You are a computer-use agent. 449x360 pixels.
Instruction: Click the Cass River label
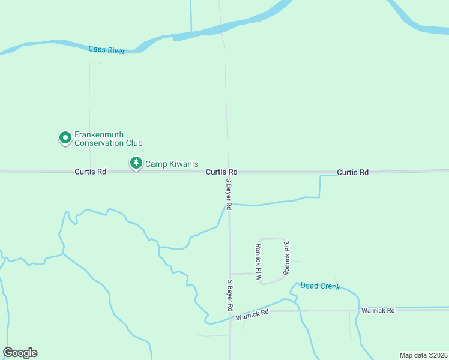(x=106, y=50)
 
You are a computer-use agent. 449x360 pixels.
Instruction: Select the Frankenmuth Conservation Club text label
(x=108, y=139)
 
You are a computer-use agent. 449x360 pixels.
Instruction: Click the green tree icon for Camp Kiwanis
(x=136, y=163)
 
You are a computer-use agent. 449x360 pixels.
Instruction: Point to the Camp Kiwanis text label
(x=172, y=164)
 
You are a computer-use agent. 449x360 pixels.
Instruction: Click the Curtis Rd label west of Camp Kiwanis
(x=90, y=172)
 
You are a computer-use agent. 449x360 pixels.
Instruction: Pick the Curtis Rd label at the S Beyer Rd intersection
(x=221, y=172)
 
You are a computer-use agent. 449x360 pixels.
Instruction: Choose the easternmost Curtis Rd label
(x=352, y=172)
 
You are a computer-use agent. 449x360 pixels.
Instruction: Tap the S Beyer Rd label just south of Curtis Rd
(x=229, y=194)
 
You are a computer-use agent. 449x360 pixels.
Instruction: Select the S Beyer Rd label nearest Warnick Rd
(x=230, y=295)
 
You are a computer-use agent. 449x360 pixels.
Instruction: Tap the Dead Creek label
(x=320, y=286)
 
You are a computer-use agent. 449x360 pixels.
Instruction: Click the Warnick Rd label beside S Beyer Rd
(x=252, y=314)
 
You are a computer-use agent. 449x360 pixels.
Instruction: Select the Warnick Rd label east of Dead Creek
(x=378, y=310)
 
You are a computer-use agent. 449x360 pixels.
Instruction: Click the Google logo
(x=20, y=353)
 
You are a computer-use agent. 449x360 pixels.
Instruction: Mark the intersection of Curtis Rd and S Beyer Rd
(x=228, y=172)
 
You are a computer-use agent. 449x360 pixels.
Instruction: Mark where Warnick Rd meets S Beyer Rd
(x=231, y=312)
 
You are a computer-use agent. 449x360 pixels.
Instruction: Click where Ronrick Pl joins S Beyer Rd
(x=230, y=273)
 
